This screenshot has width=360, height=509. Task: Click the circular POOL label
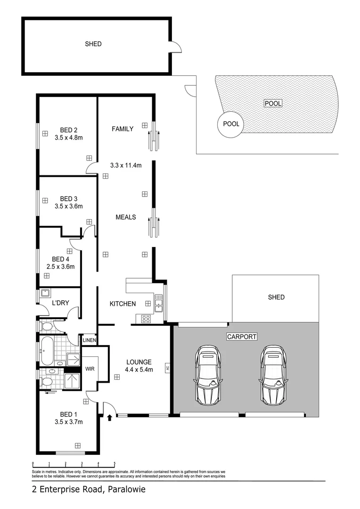click(231, 124)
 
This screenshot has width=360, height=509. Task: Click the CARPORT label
click(242, 337)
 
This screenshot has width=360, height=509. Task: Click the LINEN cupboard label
click(90, 340)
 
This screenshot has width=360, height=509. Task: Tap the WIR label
click(90, 369)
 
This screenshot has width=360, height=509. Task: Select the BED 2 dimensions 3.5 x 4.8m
click(69, 138)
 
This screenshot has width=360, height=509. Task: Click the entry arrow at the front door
click(110, 418)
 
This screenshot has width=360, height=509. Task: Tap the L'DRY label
click(61, 303)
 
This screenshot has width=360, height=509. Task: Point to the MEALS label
click(126, 217)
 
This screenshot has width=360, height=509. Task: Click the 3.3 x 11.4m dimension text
click(126, 165)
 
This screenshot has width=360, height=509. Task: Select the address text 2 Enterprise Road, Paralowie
click(89, 490)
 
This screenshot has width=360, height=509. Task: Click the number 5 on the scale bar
click(115, 463)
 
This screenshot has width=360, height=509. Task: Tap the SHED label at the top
click(93, 44)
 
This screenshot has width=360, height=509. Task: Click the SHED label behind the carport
click(276, 297)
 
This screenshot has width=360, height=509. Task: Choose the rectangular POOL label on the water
click(272, 103)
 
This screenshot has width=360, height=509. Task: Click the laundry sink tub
click(46, 294)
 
